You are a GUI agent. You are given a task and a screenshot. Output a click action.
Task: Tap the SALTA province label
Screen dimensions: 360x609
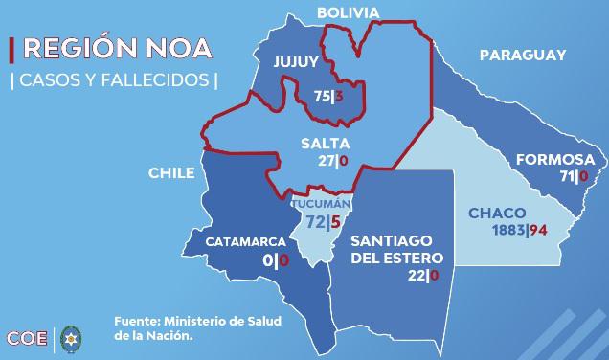pos(319,144)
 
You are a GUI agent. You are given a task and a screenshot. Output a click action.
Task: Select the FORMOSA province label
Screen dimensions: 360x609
pos(554,160)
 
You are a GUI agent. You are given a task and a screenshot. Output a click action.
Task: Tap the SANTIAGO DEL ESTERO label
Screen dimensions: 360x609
pos(396,249)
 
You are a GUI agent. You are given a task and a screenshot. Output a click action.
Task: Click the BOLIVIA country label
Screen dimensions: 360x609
pos(349,12)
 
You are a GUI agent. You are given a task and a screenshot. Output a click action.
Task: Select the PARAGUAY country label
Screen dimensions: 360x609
pos(523,56)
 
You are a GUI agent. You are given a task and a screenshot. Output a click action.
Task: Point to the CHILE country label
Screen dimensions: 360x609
pos(171,173)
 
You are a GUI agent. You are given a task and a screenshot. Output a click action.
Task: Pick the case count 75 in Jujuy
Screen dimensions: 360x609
pos(322,97)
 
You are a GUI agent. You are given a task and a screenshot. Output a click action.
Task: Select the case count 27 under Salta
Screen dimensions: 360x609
pos(326,160)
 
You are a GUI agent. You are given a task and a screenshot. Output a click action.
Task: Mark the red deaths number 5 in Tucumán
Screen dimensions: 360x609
pos(336,223)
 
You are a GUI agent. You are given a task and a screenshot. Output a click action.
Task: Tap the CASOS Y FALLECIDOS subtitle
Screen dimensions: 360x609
pos(113,79)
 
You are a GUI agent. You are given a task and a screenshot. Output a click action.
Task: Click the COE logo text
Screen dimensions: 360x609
pos(28,337)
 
